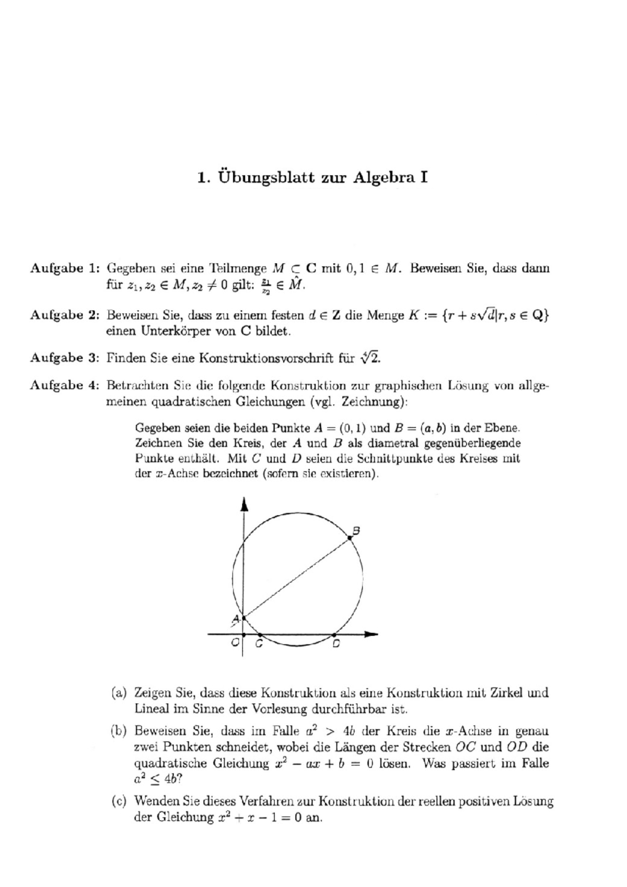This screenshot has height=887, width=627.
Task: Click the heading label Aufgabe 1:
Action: (x=64, y=269)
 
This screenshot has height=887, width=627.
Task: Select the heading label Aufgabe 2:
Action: (x=64, y=315)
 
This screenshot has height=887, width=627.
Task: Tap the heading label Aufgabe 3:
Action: (x=64, y=358)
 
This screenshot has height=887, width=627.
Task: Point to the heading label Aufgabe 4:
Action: (x=64, y=386)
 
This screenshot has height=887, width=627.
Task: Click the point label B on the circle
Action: (x=356, y=530)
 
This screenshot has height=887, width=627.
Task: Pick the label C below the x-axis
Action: (x=259, y=644)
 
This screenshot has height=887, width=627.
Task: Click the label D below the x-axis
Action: (x=336, y=644)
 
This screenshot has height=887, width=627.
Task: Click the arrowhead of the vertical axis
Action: (x=243, y=504)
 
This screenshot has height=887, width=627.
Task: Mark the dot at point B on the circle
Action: (x=349, y=538)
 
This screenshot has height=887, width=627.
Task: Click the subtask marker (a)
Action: (x=119, y=693)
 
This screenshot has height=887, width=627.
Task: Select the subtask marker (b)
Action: (x=119, y=731)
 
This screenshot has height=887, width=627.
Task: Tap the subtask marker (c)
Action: (x=119, y=801)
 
